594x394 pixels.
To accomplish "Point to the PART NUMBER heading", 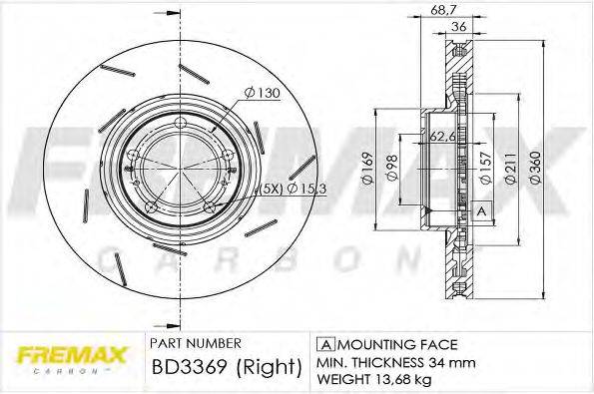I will click(195, 341).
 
